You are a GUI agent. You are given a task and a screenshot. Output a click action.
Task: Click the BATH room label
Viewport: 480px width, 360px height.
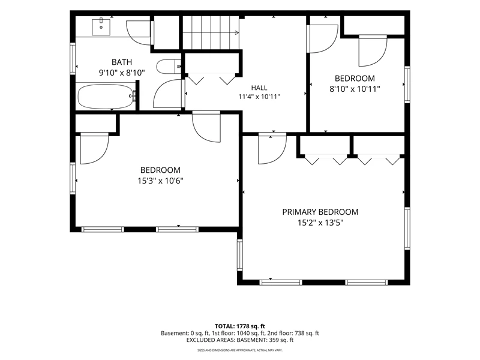click(x=122, y=62)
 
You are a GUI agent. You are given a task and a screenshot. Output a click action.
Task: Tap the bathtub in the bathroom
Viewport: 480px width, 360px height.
click(x=106, y=97)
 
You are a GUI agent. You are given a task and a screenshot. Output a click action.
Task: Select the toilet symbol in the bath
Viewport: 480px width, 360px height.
click(x=169, y=67)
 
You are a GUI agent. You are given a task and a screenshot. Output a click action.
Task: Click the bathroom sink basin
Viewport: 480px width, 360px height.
click(x=101, y=27)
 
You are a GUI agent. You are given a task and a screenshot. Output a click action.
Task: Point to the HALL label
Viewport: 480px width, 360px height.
click(x=259, y=88)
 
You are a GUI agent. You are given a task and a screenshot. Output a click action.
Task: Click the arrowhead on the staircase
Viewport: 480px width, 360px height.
click(x=237, y=32)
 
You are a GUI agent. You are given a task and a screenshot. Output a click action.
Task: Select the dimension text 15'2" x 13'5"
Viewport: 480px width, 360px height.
click(x=320, y=223)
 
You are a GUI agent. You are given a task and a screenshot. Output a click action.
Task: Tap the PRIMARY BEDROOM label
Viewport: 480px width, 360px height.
click(x=320, y=212)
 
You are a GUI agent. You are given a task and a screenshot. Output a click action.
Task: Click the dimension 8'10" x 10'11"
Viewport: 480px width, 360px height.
click(x=355, y=89)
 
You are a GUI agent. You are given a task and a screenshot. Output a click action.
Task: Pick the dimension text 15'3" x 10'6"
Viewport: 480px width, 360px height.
click(x=160, y=181)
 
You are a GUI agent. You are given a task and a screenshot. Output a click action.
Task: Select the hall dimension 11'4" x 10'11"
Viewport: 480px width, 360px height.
click(x=259, y=97)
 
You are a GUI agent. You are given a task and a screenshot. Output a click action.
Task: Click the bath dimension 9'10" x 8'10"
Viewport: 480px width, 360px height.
click(x=122, y=73)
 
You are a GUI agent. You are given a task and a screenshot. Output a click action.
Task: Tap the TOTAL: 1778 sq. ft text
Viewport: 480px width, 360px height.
click(x=239, y=326)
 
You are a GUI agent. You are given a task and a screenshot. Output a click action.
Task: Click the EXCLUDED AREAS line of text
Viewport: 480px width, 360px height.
click(x=240, y=340)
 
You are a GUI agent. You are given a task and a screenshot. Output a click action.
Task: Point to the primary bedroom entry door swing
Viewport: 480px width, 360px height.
click(x=272, y=148)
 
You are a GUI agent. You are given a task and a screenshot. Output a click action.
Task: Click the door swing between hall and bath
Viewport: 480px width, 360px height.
click(x=169, y=94)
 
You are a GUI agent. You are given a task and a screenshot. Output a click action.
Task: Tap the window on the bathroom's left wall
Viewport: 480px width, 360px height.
click(x=73, y=58)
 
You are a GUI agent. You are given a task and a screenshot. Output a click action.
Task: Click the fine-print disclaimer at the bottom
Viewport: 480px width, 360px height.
click(x=239, y=350)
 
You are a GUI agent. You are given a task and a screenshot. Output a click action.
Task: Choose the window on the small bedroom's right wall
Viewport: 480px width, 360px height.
click(x=407, y=84)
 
